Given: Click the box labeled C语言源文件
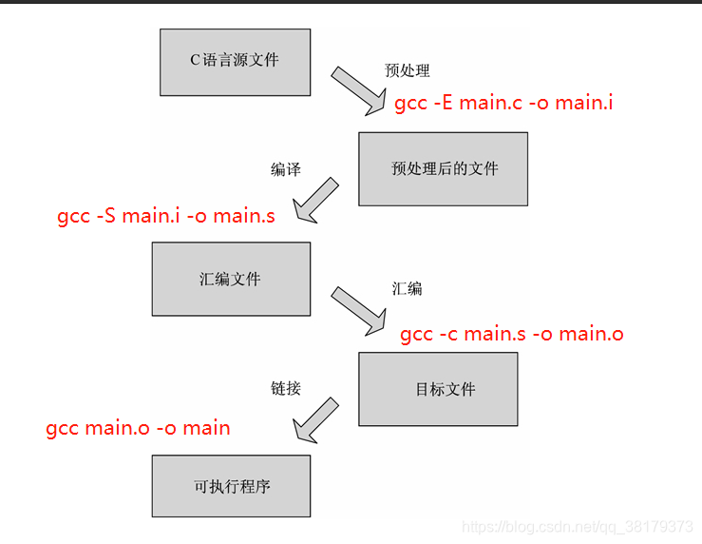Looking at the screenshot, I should point(235,61).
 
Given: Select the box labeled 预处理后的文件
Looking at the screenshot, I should point(443,168).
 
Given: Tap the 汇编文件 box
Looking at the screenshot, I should point(231,279).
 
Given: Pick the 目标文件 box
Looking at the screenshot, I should point(438,389).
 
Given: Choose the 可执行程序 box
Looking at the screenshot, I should point(231,486).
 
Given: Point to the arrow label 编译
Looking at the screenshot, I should point(285,169).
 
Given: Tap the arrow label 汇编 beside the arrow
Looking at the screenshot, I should point(407,288).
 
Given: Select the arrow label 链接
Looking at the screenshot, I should point(285,388).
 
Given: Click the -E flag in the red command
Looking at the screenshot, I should point(444,103).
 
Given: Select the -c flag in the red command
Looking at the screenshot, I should point(448,334).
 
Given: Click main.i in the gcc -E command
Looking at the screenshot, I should point(583,103).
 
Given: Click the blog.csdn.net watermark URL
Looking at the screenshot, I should point(577,526).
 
